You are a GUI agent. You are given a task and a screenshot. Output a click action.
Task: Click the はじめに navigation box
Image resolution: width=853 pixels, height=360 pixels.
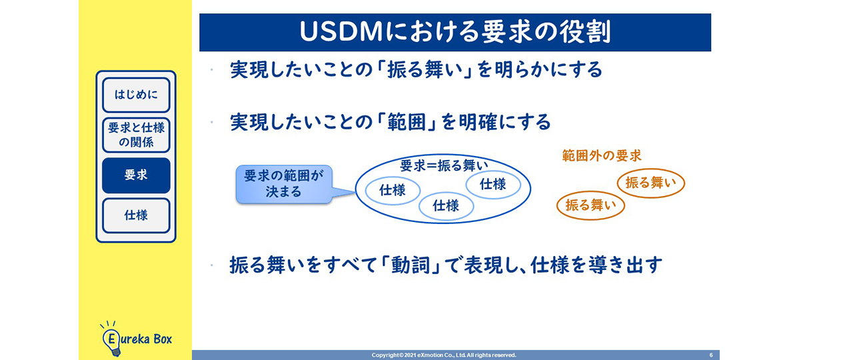[136, 95]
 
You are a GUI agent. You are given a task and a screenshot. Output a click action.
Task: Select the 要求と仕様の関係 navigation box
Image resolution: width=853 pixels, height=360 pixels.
[136, 135]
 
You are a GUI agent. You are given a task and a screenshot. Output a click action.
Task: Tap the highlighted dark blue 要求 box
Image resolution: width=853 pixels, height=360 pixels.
[136, 175]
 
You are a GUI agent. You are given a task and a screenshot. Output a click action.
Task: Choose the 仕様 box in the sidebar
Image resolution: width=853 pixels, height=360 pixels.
[136, 215]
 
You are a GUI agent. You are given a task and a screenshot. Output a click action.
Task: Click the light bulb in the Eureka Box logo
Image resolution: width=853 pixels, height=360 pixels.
[111, 340]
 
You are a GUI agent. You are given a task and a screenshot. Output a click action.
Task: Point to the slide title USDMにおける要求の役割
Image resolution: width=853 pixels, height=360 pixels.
[455, 32]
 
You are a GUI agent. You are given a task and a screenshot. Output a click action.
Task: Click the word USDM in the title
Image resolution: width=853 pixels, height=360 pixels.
[341, 32]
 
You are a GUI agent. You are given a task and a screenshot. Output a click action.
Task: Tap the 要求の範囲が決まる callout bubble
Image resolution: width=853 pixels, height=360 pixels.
[284, 184]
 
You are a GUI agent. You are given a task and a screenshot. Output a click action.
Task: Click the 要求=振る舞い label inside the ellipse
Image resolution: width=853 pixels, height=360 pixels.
[444, 166]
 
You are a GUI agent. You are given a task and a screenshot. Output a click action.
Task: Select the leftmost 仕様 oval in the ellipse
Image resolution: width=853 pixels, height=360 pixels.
[393, 190]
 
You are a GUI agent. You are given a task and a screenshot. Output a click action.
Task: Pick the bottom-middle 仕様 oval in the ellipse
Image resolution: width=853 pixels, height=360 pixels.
[446, 206]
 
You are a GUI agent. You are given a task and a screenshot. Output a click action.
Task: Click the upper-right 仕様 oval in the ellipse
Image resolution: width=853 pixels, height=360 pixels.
[492, 185]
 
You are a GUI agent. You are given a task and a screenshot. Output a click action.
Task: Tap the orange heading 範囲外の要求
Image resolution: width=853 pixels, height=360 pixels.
[602, 155]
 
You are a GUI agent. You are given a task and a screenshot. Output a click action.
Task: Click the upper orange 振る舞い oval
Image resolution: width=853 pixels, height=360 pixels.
[651, 183]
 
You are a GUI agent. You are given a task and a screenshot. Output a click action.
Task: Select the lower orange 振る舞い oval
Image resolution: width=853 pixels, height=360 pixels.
[590, 205]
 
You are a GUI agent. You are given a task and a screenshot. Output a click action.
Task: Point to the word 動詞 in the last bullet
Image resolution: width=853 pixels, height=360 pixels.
[411, 265]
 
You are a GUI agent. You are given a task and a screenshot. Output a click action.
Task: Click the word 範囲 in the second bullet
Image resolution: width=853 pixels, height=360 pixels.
[407, 122]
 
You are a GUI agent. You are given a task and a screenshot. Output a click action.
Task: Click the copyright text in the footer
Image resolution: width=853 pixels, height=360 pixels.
[444, 355]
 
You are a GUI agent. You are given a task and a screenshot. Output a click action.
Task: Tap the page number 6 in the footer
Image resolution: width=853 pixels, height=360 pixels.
[711, 355]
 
